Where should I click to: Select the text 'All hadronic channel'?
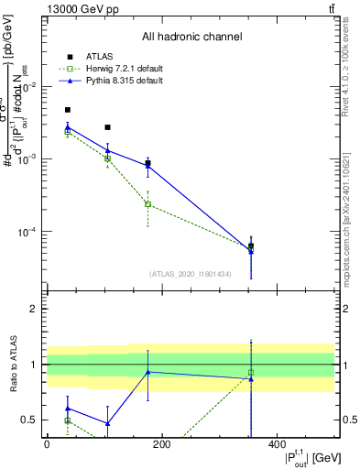click(191, 37)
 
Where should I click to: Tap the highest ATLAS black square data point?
click(68, 110)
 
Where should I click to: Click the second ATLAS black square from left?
click(107, 127)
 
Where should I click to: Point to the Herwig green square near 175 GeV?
click(147, 204)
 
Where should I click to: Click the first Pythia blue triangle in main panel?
click(68, 127)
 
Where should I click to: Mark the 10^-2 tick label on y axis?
click(27, 86)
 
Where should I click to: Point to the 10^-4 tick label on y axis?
click(27, 232)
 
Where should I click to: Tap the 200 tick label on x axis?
click(162, 444)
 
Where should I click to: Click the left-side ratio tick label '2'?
click(33, 309)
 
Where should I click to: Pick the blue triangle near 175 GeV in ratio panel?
click(147, 372)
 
